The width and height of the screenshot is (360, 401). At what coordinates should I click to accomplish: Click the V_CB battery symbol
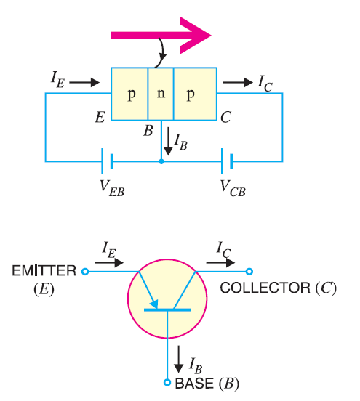click(x=228, y=161)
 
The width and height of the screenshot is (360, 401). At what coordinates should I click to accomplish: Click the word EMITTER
click(x=44, y=271)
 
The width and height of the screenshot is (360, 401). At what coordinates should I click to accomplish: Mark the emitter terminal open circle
click(x=84, y=272)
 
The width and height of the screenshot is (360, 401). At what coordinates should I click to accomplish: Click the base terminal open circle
click(x=167, y=382)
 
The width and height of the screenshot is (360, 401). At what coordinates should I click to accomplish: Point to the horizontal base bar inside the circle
click(x=167, y=310)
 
